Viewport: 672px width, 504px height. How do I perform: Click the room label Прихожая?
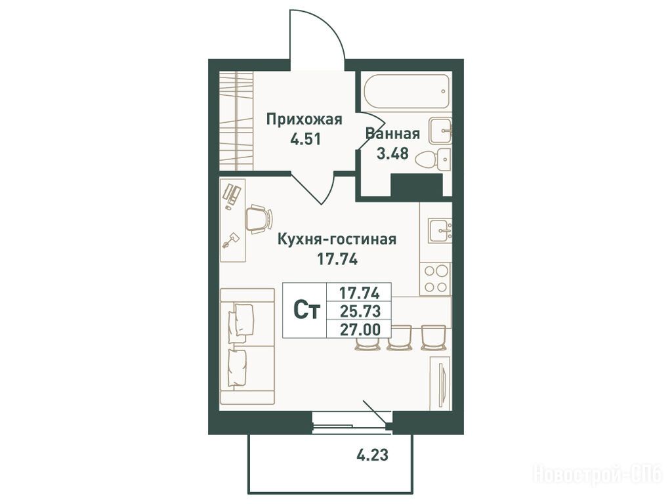(304, 119)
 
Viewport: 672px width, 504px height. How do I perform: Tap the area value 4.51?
(305, 139)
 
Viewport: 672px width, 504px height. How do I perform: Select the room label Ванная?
(392, 134)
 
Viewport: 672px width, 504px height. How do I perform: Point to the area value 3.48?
(392, 153)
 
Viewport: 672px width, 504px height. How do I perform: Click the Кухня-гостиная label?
(337, 239)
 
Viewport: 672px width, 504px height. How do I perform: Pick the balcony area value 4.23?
(373, 455)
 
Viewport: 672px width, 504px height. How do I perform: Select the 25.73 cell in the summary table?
(359, 310)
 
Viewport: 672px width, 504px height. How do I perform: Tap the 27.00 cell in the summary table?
(359, 329)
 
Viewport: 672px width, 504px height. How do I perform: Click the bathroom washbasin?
(440, 131)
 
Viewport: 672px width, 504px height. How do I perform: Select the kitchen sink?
(439, 230)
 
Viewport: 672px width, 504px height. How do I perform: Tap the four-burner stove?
(436, 278)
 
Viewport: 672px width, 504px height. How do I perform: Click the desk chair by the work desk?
(259, 219)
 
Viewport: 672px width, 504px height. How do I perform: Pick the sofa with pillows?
(247, 346)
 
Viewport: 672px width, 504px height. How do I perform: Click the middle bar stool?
(400, 338)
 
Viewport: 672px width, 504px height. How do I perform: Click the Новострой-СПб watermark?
(597, 474)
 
